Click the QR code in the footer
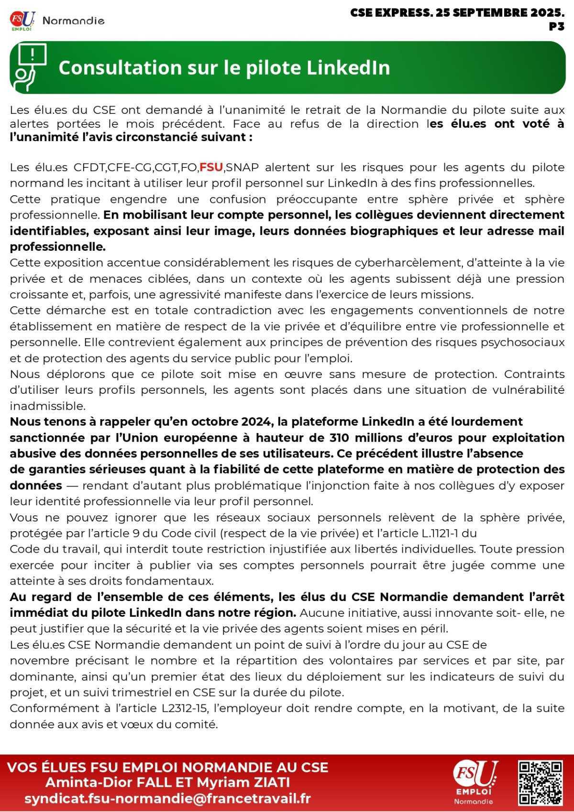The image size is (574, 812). (x=540, y=783)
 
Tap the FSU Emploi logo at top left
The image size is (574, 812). (x=22, y=21)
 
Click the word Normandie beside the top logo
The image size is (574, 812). (x=73, y=21)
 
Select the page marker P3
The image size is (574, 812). (x=557, y=27)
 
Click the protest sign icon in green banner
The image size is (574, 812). (x=30, y=67)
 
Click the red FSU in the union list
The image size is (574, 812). (x=211, y=167)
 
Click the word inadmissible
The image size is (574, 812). (x=47, y=406)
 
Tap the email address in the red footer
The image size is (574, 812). (x=167, y=799)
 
